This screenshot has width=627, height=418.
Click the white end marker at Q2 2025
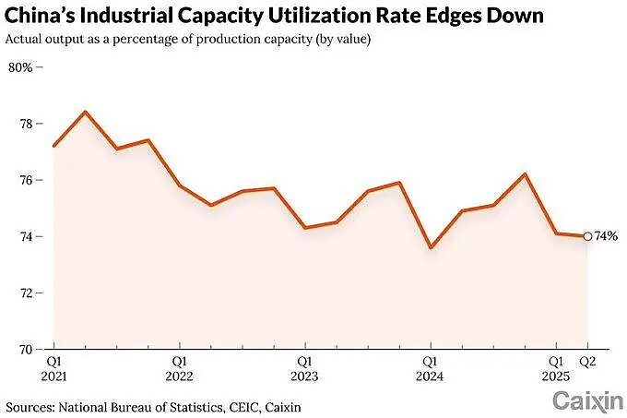(x=587, y=236)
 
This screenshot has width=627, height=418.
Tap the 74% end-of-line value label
(x=606, y=236)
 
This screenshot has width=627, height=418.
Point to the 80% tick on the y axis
(x=20, y=67)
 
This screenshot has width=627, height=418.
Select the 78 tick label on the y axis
(x=26, y=124)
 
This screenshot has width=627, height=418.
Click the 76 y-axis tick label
(x=26, y=180)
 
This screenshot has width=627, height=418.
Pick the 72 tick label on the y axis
(x=26, y=293)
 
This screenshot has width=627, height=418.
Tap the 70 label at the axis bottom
(x=26, y=349)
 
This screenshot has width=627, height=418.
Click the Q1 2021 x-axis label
(x=54, y=368)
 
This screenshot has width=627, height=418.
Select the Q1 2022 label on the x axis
(x=179, y=368)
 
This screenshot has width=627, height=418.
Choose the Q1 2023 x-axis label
(x=304, y=368)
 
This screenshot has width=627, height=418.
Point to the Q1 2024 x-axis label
(x=430, y=368)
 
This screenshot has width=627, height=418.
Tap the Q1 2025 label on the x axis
(x=555, y=368)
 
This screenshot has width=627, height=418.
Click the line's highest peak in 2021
(x=86, y=112)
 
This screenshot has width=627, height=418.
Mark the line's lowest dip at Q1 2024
(x=430, y=247)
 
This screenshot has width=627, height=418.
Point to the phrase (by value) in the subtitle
(x=347, y=39)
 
